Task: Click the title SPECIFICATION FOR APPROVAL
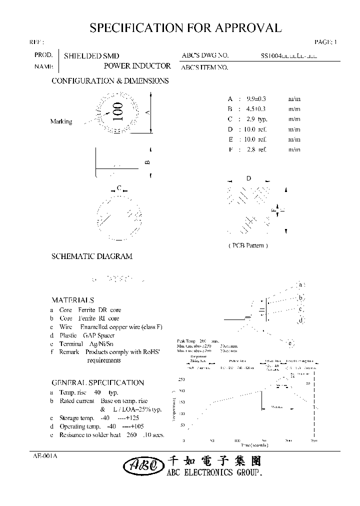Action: coord(185,28)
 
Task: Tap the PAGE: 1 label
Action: coord(326,42)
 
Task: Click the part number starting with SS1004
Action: coord(288,56)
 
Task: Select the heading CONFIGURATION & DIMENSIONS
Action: coord(110,81)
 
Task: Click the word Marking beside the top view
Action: coord(61,121)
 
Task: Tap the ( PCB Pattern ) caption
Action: coord(248,245)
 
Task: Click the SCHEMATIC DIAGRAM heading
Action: coord(92,256)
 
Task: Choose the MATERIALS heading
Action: coord(72,300)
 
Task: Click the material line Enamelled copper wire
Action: coord(125,327)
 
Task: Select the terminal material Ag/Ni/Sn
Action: coord(101,344)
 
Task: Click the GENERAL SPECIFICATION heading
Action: coord(97,383)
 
